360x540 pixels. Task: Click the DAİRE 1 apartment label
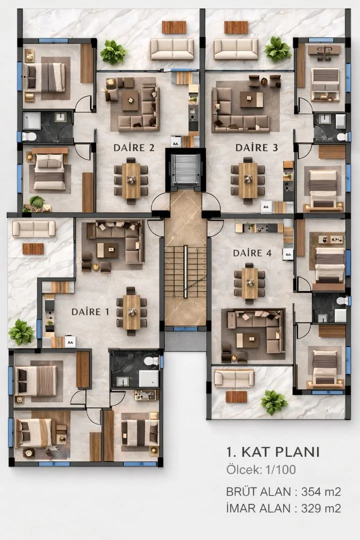[x=90, y=311]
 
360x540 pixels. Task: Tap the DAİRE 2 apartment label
[x=134, y=147]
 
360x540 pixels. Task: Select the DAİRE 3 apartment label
[x=256, y=147]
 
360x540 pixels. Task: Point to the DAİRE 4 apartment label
[x=252, y=253]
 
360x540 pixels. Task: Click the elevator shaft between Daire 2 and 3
[x=185, y=169]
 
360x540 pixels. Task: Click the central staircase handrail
[x=185, y=271]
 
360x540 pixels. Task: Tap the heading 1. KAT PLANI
[x=273, y=452]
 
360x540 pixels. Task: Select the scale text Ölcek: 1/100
[x=261, y=469]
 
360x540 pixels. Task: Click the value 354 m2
[x=321, y=491]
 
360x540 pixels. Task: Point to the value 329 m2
[x=321, y=508]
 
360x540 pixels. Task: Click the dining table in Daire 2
[x=131, y=180]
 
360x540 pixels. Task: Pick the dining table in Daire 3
[x=248, y=180]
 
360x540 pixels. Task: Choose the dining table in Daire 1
[x=131, y=311]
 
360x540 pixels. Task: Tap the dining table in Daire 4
[x=250, y=283]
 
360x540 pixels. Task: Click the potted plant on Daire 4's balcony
[x=274, y=402]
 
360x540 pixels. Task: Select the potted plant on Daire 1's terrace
[x=21, y=332]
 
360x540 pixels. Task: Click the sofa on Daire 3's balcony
[x=235, y=49]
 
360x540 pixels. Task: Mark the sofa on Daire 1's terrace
[x=34, y=228]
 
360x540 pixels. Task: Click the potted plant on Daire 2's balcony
[x=113, y=52]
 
